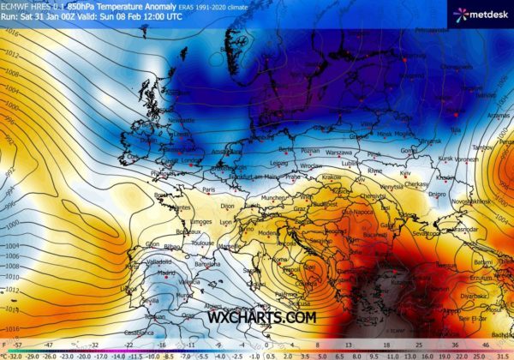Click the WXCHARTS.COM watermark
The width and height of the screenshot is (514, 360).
tap(261, 317)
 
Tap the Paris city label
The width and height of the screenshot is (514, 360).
tap(206, 190)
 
